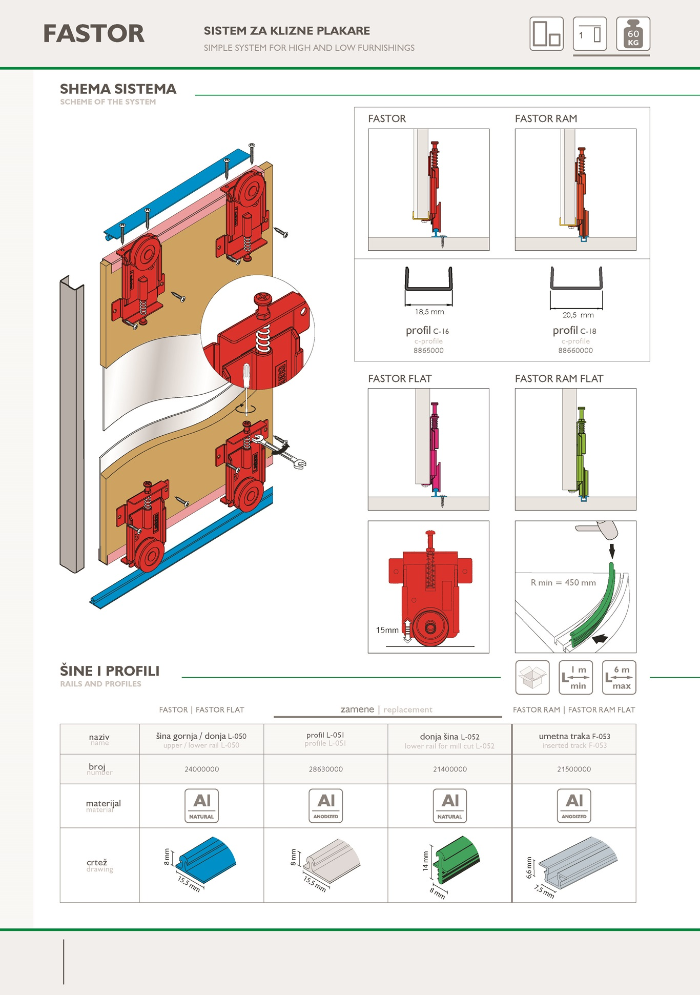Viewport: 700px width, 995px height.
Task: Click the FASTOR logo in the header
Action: click(x=94, y=34)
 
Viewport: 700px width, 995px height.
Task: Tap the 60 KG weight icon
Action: click(x=633, y=34)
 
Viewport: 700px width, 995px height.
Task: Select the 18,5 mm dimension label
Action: click(x=429, y=312)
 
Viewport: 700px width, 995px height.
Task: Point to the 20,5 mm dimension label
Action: click(x=578, y=315)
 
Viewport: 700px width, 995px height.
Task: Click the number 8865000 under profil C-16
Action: click(x=428, y=351)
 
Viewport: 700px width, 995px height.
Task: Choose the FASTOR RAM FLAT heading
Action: click(x=559, y=379)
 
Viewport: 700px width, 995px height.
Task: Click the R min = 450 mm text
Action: click(x=563, y=583)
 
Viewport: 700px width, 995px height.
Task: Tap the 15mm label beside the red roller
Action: click(x=387, y=630)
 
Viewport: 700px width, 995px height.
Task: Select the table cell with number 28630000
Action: click(x=326, y=769)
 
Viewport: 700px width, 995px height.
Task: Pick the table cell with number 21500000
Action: click(x=574, y=769)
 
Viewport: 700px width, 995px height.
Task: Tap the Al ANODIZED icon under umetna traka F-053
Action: click(x=574, y=806)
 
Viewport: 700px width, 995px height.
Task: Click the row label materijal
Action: click(x=103, y=804)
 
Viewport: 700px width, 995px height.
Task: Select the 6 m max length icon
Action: click(x=619, y=678)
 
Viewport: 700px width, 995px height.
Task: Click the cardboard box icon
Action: click(x=532, y=678)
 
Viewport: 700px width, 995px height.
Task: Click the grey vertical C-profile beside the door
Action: click(x=72, y=425)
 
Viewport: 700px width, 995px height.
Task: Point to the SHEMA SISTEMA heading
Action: click(x=118, y=89)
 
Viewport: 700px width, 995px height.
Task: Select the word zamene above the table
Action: click(x=357, y=709)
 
